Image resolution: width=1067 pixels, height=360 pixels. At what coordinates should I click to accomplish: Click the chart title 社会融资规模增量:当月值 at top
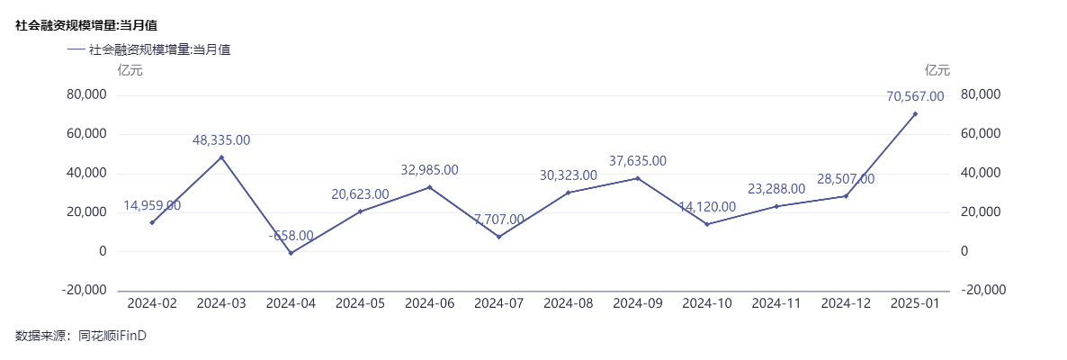(86, 25)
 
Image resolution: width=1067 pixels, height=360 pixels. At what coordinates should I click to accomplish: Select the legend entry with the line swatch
(149, 50)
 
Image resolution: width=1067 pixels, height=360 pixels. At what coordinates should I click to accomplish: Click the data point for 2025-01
(915, 113)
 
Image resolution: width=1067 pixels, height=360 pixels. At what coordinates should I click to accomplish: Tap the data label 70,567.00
(915, 96)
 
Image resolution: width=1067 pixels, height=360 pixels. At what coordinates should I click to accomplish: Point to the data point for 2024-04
(291, 253)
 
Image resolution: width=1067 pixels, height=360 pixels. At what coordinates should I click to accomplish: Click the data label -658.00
(291, 236)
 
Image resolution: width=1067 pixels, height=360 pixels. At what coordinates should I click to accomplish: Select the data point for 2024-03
(221, 157)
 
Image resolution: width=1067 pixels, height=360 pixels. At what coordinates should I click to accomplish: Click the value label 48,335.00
(221, 140)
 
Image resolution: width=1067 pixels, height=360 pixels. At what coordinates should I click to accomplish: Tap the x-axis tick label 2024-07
(499, 304)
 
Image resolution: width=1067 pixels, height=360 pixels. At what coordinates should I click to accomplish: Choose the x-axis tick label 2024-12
(846, 304)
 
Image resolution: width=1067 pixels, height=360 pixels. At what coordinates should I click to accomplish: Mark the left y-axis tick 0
(102, 251)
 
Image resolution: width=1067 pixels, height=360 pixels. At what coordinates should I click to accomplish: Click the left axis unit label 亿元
(130, 70)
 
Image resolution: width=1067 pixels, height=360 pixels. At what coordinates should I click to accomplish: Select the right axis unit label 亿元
(937, 70)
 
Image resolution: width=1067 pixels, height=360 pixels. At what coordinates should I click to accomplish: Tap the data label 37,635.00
(638, 161)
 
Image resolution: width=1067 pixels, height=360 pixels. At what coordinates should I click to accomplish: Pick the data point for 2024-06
(429, 187)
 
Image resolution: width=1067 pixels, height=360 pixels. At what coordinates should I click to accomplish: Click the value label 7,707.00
(499, 220)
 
